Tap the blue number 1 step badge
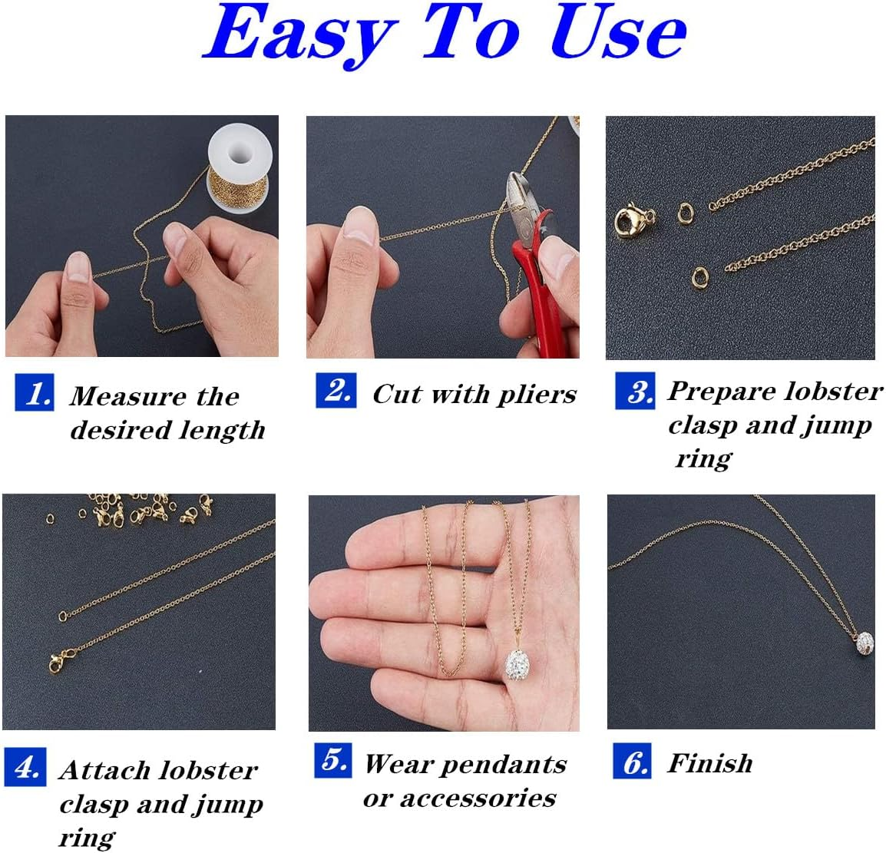coord(35,393)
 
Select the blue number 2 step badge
coord(336,390)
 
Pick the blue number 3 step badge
coord(635,391)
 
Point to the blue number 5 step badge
coord(334,760)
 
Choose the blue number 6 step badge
coord(633,762)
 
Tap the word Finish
coord(709,763)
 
